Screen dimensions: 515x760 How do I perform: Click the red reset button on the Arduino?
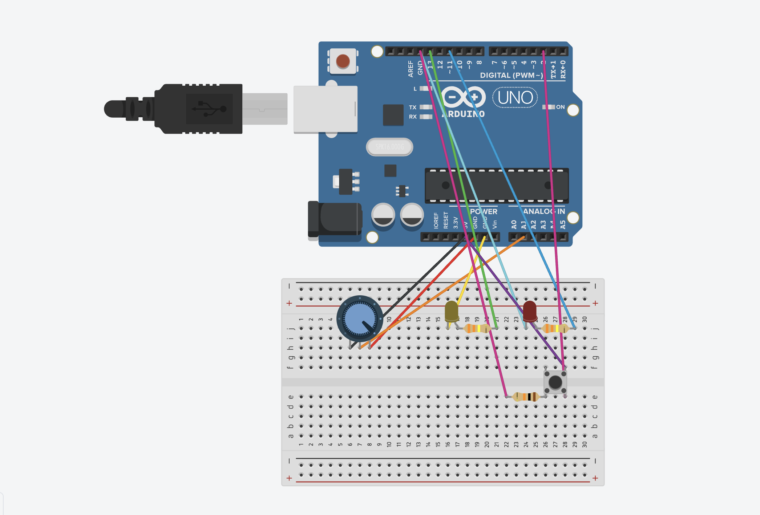pyautogui.click(x=343, y=61)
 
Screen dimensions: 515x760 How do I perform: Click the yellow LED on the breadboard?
pyautogui.click(x=452, y=311)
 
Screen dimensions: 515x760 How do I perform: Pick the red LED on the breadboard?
pyautogui.click(x=530, y=311)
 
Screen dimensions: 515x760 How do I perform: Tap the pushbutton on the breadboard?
pyautogui.click(x=555, y=382)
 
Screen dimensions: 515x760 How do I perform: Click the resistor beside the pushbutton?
pyautogui.click(x=525, y=397)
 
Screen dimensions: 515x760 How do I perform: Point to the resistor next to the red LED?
pyautogui.click(x=555, y=328)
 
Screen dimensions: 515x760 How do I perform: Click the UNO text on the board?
pyautogui.click(x=515, y=97)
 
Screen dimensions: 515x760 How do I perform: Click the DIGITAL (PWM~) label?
pyautogui.click(x=511, y=75)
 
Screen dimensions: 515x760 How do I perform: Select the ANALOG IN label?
pyautogui.click(x=544, y=211)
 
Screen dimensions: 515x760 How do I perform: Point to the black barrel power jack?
pyautogui.click(x=335, y=220)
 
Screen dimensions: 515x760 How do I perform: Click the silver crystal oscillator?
pyautogui.click(x=389, y=147)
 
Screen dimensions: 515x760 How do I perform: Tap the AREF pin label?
pyautogui.click(x=411, y=69)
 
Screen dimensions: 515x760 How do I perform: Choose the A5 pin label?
pyautogui.click(x=563, y=224)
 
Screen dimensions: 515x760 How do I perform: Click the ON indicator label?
pyautogui.click(x=560, y=107)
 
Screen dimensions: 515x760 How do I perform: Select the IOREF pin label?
pyautogui.click(x=436, y=220)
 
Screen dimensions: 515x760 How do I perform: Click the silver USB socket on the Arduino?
pyautogui.click(x=325, y=109)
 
